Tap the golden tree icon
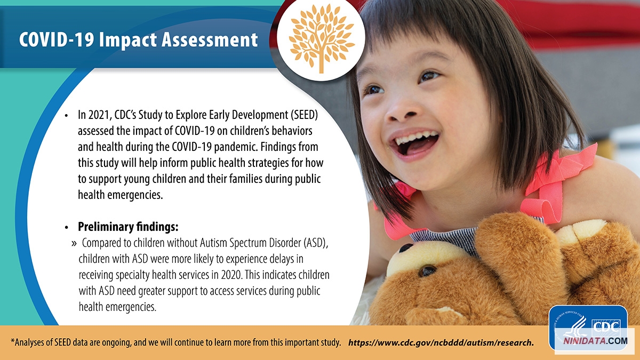[x=322, y=38]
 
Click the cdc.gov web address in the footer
[x=441, y=342]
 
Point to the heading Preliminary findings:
[x=128, y=227]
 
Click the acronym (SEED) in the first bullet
[x=305, y=115]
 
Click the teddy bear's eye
[x=427, y=270]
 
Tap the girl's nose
[x=403, y=112]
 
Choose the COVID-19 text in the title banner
[x=57, y=39]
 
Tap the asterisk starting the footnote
[x=13, y=340]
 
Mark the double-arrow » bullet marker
[x=74, y=243]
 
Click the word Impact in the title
[x=127, y=40]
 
